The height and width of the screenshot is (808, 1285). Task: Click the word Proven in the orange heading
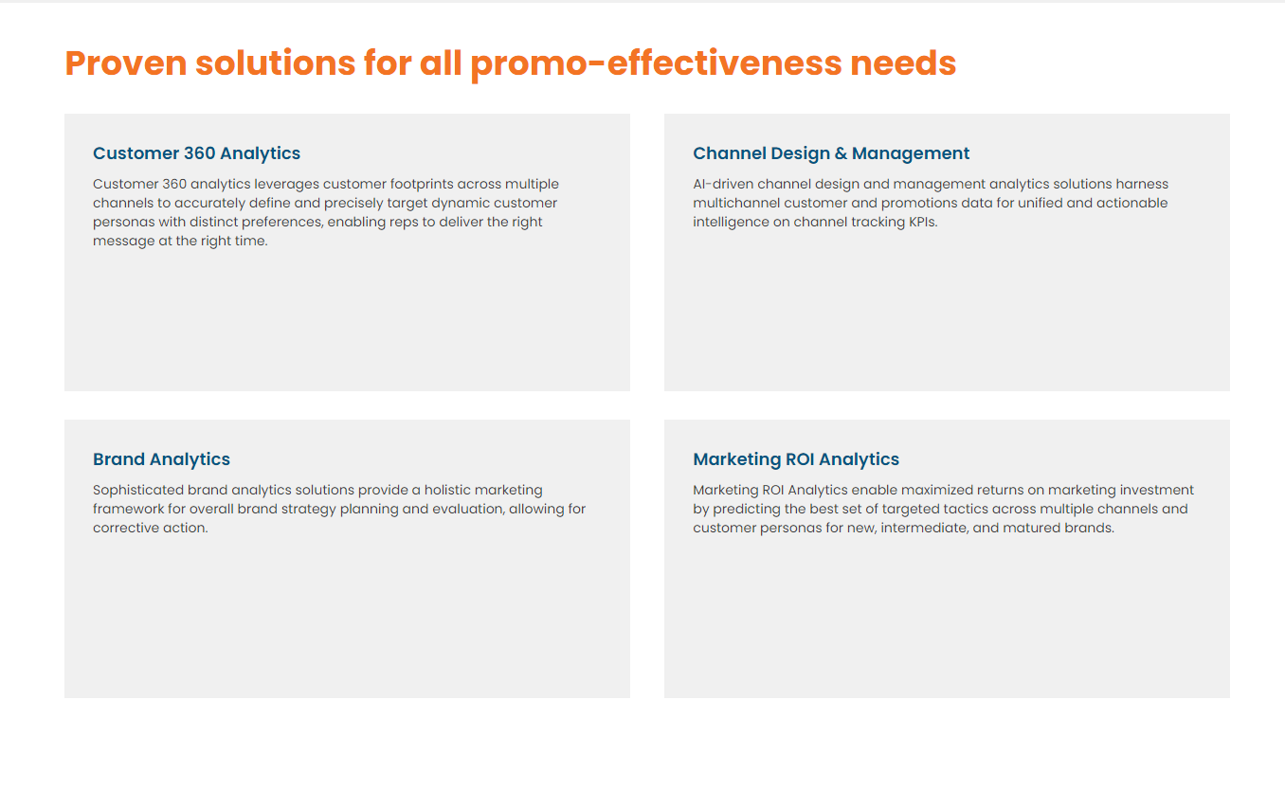click(126, 63)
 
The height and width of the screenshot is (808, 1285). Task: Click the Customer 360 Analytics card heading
click(196, 153)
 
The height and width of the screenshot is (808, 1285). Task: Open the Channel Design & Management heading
click(831, 153)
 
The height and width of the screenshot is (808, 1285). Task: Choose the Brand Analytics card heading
click(161, 459)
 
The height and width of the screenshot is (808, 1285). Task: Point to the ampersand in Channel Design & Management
click(841, 153)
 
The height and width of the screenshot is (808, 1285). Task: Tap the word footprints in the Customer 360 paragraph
click(421, 184)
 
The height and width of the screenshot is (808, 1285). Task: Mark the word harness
click(1142, 184)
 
